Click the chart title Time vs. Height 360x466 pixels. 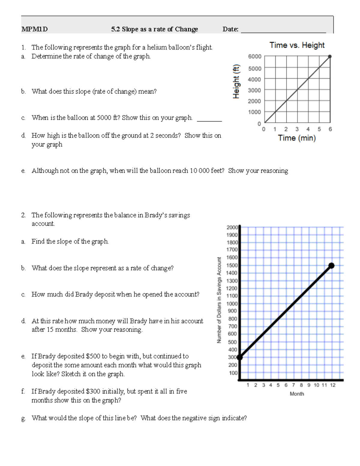(x=297, y=45)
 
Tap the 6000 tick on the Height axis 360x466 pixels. (x=254, y=56)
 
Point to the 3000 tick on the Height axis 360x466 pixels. (x=254, y=90)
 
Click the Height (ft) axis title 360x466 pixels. (x=236, y=81)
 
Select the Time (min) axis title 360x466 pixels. (x=297, y=138)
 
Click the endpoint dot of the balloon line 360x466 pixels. (x=330, y=56)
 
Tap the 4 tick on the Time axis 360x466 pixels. (x=308, y=129)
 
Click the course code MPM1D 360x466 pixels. (x=34, y=29)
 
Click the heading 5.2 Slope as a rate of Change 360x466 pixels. (x=154, y=29)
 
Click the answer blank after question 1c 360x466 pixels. (x=209, y=119)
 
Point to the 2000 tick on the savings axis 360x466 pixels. (x=232, y=227)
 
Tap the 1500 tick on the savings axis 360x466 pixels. (x=232, y=265)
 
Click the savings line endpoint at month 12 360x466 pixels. (x=331, y=265)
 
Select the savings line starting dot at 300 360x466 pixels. (x=239, y=357)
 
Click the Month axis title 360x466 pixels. (x=297, y=394)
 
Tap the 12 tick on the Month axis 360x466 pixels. (x=332, y=385)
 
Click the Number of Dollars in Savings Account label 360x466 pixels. (x=219, y=300)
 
